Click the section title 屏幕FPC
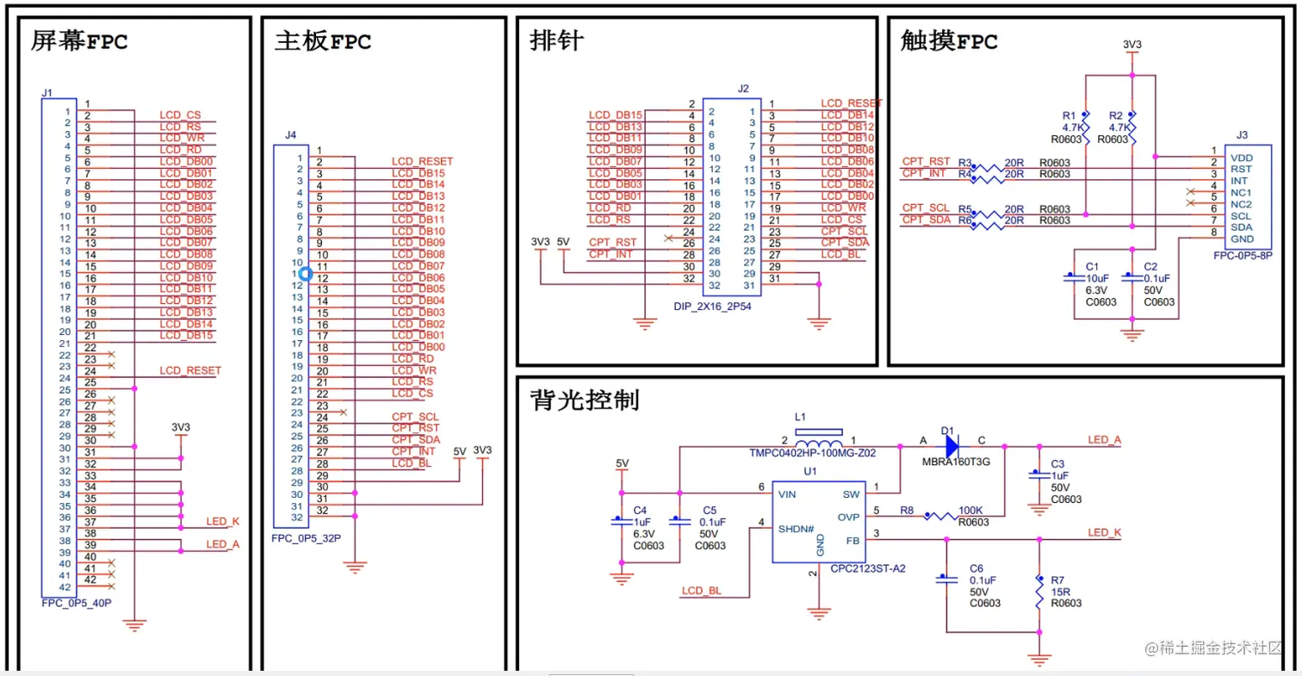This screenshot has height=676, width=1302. [79, 40]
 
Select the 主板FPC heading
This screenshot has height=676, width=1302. [323, 40]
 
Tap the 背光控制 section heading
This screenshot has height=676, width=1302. [585, 400]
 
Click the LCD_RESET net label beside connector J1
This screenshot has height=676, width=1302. [190, 370]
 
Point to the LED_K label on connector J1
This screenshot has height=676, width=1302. [223, 522]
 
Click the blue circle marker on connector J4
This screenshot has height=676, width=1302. [305, 274]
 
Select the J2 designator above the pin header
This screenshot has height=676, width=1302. [744, 89]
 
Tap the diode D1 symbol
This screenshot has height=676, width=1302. [952, 446]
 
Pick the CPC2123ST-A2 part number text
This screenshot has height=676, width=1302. [868, 568]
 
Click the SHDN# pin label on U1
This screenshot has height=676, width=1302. [797, 529]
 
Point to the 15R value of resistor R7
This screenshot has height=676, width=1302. [1061, 592]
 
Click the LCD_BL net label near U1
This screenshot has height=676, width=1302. [701, 591]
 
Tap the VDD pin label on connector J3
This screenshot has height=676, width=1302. [1243, 158]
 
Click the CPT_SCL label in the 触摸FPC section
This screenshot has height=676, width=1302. [926, 208]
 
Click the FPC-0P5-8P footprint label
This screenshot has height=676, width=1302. [1241, 255]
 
